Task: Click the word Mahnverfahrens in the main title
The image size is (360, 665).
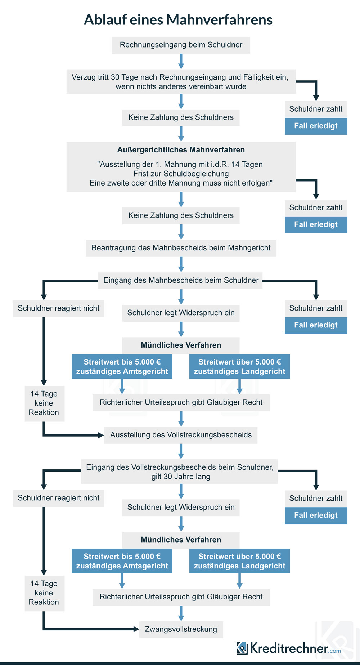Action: (x=219, y=20)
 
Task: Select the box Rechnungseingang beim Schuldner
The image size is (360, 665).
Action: (x=181, y=45)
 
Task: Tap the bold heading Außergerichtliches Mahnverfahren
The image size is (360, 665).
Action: (x=181, y=150)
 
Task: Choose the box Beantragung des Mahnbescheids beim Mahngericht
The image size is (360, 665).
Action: (x=181, y=248)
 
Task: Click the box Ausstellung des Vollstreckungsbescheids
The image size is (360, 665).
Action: (x=181, y=435)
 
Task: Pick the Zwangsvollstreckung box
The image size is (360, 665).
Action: (x=181, y=629)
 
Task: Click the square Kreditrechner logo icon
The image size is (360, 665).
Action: (x=242, y=648)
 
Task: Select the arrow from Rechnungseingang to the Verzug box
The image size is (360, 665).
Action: (x=181, y=62)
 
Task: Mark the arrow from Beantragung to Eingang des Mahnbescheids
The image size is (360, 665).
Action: (x=181, y=264)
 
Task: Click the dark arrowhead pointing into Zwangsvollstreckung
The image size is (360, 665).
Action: (x=136, y=629)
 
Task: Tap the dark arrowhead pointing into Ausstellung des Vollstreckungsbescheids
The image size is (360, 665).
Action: (x=101, y=435)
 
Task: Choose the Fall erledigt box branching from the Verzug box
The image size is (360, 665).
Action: (x=316, y=126)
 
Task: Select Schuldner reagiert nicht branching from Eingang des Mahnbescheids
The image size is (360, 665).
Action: (x=58, y=309)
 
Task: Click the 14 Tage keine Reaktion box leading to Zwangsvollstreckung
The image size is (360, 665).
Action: (x=45, y=593)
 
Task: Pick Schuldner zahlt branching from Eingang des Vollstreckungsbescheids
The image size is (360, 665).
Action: (x=316, y=499)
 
